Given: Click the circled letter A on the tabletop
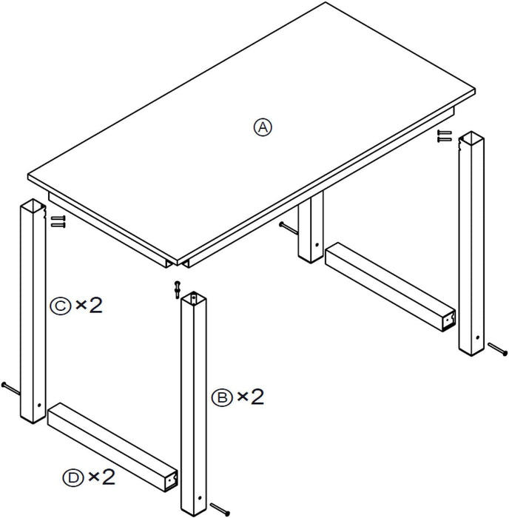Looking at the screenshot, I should coord(263,127).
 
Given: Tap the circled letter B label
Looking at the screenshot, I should coord(220,397).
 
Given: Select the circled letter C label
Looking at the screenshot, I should coord(61,304).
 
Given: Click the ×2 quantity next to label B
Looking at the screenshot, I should coord(249,397).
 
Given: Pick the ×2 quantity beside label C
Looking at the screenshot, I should coord(89,304).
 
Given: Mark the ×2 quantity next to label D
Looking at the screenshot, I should coord(102,478).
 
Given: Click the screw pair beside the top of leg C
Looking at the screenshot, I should coord(58,221).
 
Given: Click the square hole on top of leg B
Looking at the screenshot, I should coord(194,299).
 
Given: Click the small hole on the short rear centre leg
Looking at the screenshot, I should coord(316,246).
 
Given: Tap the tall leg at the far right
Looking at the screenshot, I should coord(471,244).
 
